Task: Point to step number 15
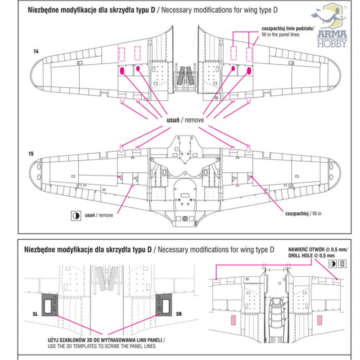(x=31, y=154)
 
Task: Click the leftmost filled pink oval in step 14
(x=121, y=70)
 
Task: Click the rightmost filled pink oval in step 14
(x=249, y=71)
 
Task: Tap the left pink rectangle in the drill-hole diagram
(x=234, y=320)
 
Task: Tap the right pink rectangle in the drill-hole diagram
(x=319, y=320)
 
